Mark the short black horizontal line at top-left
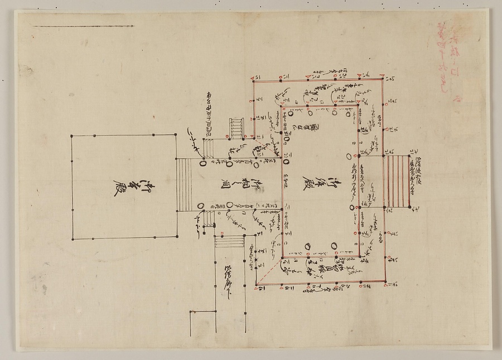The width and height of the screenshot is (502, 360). (84, 26)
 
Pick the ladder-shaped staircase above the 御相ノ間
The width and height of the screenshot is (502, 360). (237, 128)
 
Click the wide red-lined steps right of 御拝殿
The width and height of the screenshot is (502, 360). (397, 182)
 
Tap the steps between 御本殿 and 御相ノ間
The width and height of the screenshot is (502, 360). (184, 184)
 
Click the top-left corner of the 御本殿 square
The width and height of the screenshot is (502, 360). (71, 135)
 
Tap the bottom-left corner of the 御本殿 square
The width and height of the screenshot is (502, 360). (71, 239)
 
